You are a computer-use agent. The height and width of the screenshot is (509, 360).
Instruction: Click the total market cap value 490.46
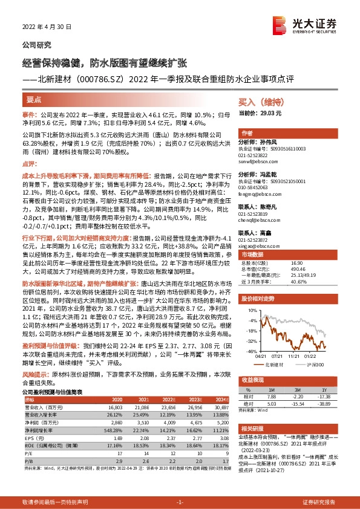[x=298, y=269]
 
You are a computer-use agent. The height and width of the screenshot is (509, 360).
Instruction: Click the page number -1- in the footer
[x=179, y=502]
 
